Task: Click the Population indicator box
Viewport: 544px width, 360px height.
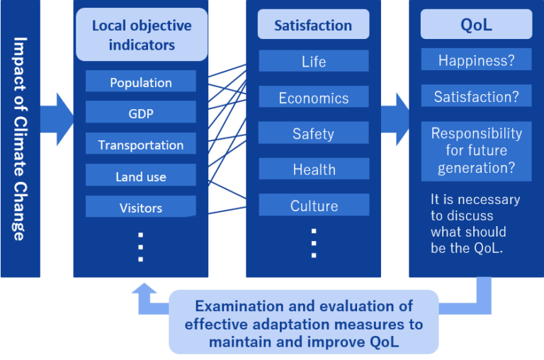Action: (x=140, y=82)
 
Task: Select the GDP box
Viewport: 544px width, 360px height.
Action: (x=140, y=113)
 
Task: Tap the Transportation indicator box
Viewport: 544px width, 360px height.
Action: (x=140, y=145)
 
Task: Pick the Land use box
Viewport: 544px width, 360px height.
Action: (x=140, y=176)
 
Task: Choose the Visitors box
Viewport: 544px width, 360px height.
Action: (x=140, y=207)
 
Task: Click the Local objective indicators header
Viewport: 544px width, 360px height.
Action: (x=142, y=34)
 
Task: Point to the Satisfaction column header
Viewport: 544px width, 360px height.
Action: (x=313, y=25)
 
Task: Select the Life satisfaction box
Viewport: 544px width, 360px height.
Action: (x=313, y=61)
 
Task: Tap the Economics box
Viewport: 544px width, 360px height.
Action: (x=313, y=98)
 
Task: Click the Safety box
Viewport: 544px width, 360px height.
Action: (x=313, y=133)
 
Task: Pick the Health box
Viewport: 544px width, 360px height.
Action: (x=313, y=169)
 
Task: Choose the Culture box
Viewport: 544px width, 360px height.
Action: (x=313, y=206)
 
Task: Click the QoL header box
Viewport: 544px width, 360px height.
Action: (x=476, y=25)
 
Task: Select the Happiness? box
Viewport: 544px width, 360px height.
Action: (x=476, y=60)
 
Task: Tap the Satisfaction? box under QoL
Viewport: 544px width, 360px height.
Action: (x=476, y=96)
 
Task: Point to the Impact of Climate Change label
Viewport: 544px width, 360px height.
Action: (x=20, y=138)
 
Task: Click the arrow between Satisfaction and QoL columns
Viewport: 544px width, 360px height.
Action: (x=395, y=113)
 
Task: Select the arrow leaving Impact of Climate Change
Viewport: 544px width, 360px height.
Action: (x=57, y=113)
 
